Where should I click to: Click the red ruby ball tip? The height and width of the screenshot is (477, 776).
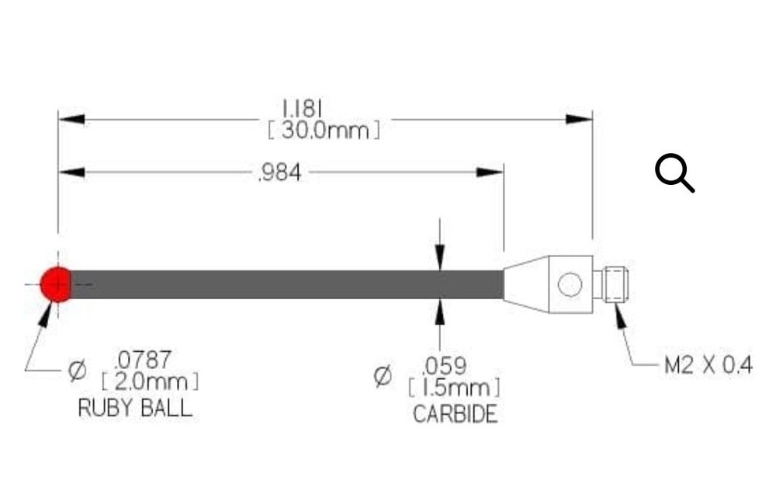(x=56, y=284)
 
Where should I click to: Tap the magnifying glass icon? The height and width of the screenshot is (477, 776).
(x=674, y=172)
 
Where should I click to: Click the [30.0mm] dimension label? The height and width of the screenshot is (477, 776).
(x=324, y=131)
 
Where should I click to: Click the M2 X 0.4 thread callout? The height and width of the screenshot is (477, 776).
(x=708, y=365)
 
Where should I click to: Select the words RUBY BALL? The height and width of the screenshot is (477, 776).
(x=135, y=409)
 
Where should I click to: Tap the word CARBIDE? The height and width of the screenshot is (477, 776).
(x=454, y=414)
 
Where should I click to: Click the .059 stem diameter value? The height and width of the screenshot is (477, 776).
(x=444, y=364)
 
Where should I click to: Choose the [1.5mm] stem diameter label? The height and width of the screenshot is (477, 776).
(x=454, y=388)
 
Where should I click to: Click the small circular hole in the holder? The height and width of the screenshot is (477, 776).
(x=569, y=284)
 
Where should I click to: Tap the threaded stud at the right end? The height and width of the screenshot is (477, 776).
(x=614, y=284)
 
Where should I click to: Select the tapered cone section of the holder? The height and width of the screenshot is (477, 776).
(x=526, y=284)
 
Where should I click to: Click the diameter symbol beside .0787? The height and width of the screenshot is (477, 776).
(x=77, y=372)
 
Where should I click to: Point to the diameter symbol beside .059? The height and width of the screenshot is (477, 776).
(x=383, y=377)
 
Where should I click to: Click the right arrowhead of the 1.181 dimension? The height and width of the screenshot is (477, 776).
(x=580, y=119)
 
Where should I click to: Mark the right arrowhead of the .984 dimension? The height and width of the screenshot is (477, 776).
(x=490, y=172)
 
